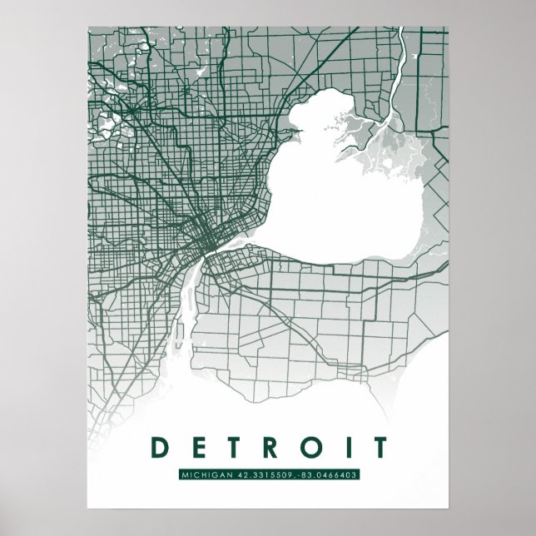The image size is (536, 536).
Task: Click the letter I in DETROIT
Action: [x=345, y=448]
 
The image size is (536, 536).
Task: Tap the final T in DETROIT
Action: [x=376, y=448]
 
